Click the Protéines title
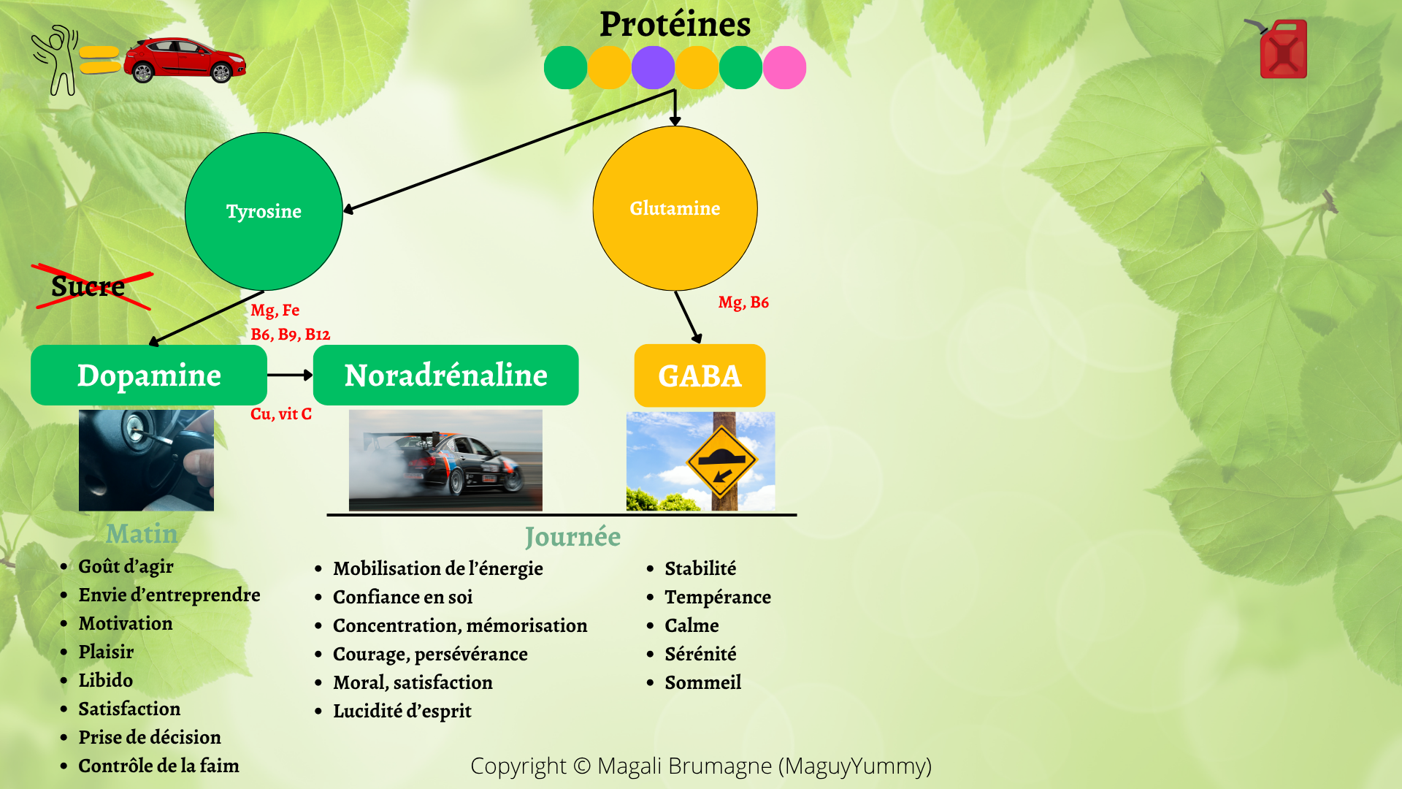coord(675,24)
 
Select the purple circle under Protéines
coord(653,67)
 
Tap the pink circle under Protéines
coord(784,67)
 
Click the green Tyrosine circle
coord(264,211)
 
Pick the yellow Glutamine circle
coord(675,208)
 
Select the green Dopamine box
coord(149,375)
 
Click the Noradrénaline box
coord(445,375)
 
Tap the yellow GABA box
coord(700,376)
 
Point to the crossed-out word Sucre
coord(88,286)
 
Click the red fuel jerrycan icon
coord(1282,48)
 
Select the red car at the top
coord(185,59)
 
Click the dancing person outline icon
coord(55,61)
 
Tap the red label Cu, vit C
coord(281,414)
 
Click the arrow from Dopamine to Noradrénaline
coord(291,375)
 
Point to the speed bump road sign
coord(721,462)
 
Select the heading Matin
coord(142,534)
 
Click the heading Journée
coord(573,537)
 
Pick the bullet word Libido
coord(106,680)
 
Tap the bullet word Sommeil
coord(703,682)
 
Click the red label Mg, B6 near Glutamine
coord(743,302)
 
